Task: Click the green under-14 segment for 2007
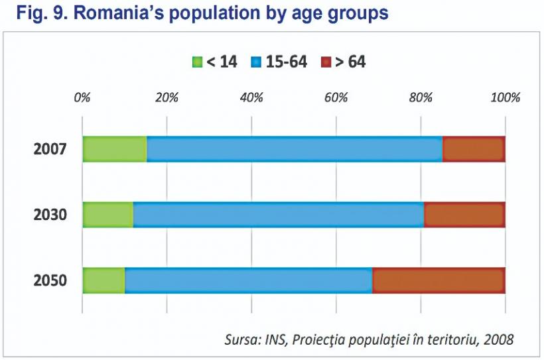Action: coord(115,149)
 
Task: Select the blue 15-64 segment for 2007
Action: coord(295,149)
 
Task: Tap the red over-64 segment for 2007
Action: coord(474,149)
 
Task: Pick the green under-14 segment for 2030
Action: coord(107,215)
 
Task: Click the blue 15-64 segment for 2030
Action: coord(279,215)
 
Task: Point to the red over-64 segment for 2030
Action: coord(464,215)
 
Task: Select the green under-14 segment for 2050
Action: coord(103,280)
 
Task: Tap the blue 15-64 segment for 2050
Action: coord(249,280)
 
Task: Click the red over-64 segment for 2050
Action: coord(439,280)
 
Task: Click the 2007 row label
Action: coord(50,149)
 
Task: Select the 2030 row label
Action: coord(50,215)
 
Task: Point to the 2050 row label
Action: coord(50,280)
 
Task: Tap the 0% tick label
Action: coord(82,98)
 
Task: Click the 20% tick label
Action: coord(167,98)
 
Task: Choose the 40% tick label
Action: coord(251,98)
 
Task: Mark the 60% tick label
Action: coord(336,98)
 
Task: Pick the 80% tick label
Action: coord(421,98)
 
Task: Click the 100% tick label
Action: coord(505,98)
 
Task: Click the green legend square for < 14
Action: coord(197,62)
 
